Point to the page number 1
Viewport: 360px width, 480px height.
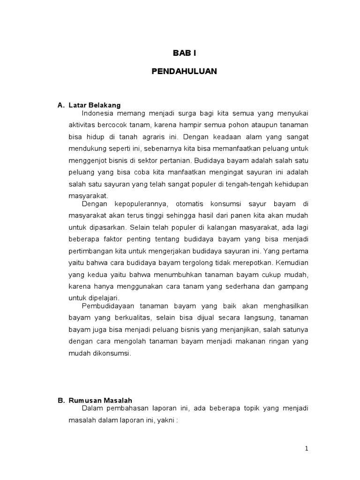tap(307, 449)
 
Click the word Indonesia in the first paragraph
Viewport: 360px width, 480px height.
tap(97, 113)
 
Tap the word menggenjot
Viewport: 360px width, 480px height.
tap(88, 160)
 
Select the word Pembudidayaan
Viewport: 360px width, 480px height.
tap(108, 307)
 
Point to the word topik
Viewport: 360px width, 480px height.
tap(249, 409)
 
